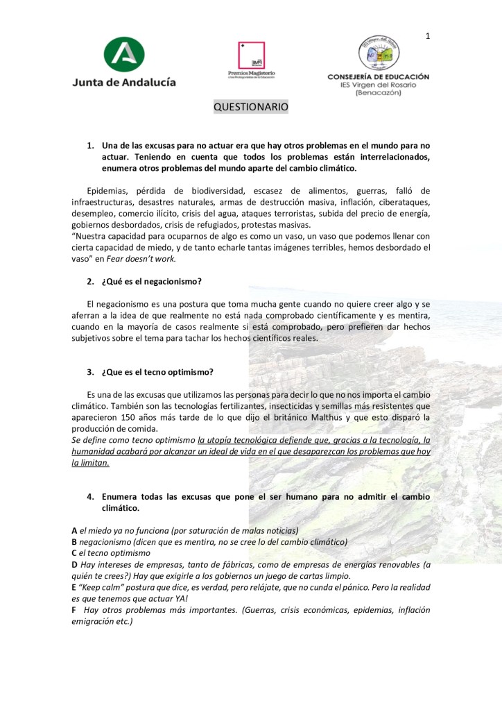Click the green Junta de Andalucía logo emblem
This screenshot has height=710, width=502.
(124, 53)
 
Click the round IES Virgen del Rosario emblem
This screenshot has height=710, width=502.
(379, 52)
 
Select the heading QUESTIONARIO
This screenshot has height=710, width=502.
(250, 107)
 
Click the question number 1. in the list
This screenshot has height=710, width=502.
(90, 146)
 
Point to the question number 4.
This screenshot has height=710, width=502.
(90, 497)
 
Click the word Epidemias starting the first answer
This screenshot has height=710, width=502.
(107, 191)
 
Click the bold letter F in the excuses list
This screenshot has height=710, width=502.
(74, 611)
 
